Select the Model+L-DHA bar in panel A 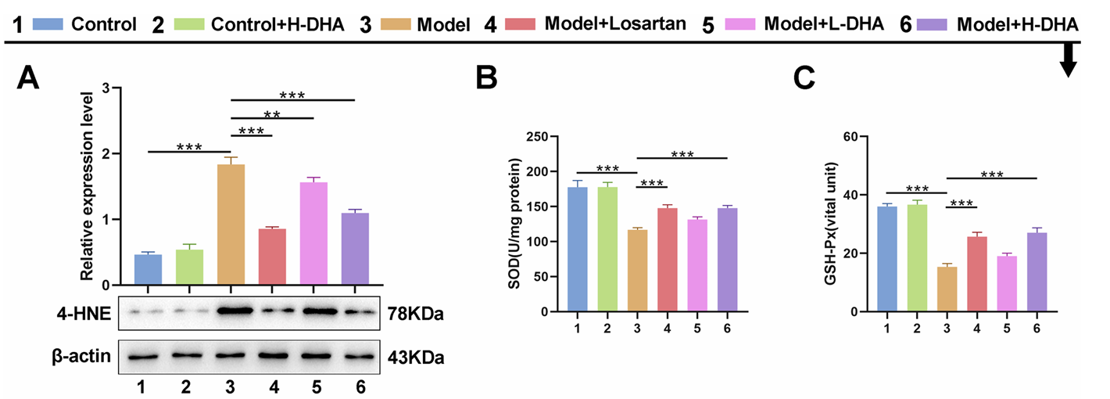[x=313, y=235]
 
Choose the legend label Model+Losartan [x=616, y=25]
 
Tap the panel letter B [x=486, y=78]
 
